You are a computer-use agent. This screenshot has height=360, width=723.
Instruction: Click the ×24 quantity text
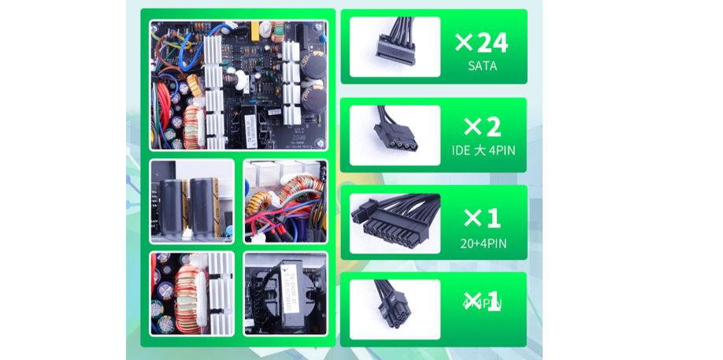481,43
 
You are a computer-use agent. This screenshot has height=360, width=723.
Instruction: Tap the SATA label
482,66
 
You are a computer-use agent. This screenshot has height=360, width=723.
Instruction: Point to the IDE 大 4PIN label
482,150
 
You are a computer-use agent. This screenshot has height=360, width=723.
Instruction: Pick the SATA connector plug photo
395,46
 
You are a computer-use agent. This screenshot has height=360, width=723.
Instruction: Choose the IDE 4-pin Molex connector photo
395,135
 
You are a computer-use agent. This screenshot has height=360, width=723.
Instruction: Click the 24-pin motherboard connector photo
395,223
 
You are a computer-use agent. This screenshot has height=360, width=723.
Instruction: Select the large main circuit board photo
238,84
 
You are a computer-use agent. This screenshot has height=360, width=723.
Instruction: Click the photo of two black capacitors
191,202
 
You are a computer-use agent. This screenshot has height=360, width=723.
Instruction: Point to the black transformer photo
284,293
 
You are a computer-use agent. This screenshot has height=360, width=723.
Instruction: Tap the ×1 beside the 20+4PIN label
481,217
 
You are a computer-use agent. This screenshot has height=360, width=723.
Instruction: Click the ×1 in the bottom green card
481,302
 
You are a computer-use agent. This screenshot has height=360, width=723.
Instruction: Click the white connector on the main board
194,122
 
